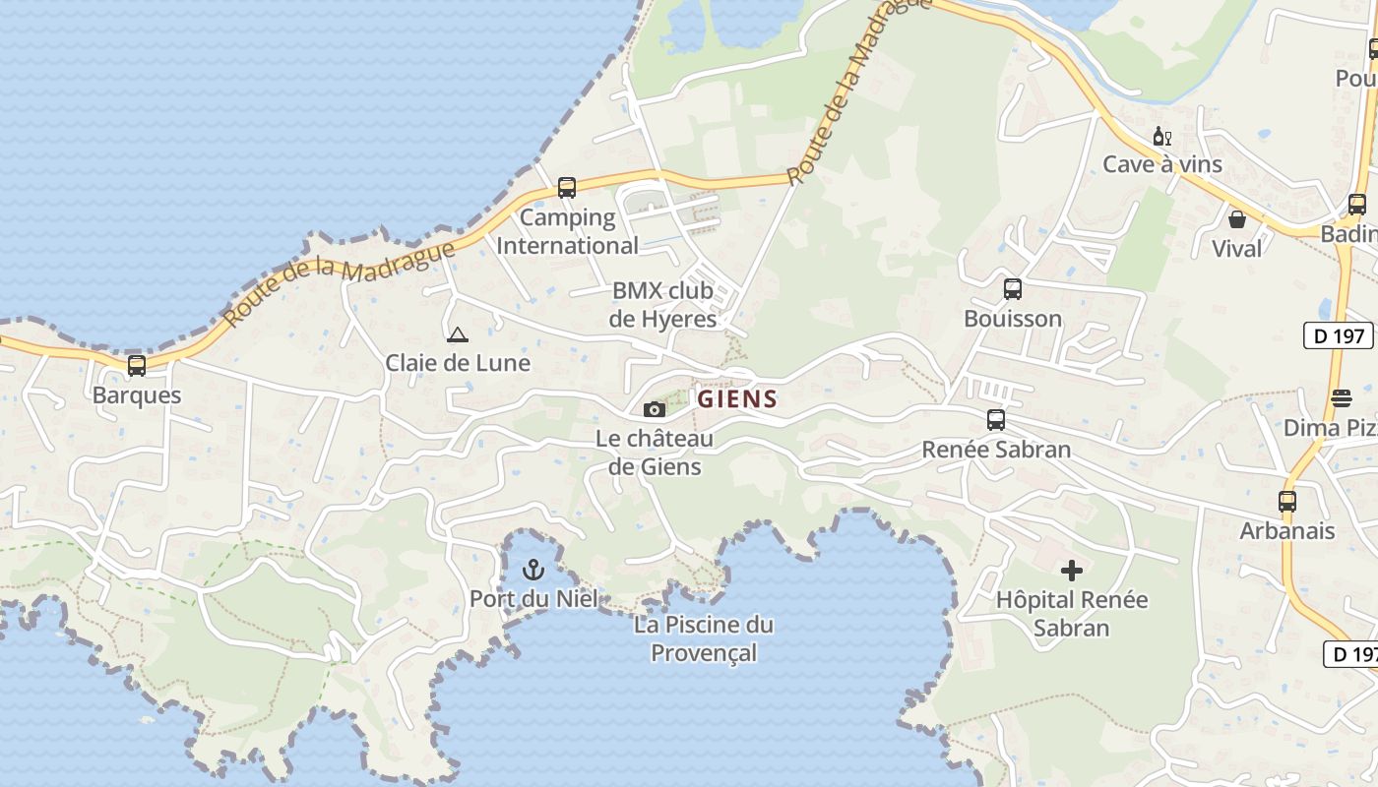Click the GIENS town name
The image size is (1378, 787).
tap(737, 399)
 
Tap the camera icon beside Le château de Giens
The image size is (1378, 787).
tap(654, 409)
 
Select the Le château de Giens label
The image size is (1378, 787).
tap(655, 453)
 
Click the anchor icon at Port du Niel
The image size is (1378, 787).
tap(532, 569)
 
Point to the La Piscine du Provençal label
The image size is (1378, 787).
tap(704, 638)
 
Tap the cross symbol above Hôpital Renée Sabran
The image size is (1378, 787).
tap(1072, 570)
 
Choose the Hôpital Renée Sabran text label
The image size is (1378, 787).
tap(1072, 614)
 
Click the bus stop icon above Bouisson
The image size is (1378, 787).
tap(1013, 289)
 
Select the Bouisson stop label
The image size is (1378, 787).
tap(1013, 319)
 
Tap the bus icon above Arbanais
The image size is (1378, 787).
tap(1287, 501)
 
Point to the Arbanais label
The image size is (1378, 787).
tap(1287, 531)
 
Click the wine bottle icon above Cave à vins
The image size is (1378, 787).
tap(1162, 136)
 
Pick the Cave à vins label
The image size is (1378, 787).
tap(1162, 164)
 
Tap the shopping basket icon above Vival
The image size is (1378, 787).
tap(1237, 219)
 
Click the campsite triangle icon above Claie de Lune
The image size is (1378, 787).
tap(457, 334)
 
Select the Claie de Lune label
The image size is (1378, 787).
tap(458, 363)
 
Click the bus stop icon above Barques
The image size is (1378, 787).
tap(137, 366)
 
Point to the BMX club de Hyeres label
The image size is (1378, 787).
tap(663, 305)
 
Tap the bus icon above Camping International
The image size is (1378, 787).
tap(566, 188)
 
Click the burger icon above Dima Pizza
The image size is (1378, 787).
tap(1342, 398)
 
